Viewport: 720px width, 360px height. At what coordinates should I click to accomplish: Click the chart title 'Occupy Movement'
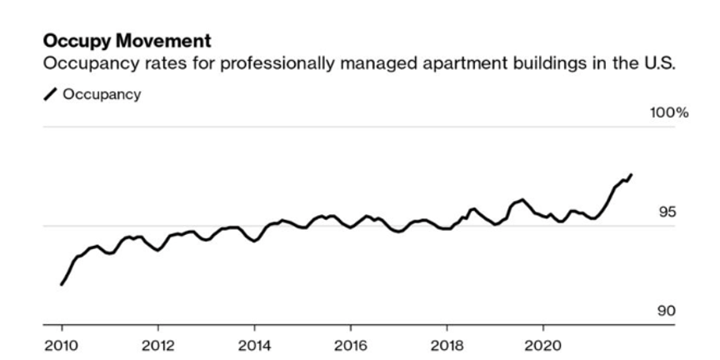[x=127, y=41]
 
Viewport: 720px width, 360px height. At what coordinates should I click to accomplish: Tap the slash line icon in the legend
[x=50, y=95]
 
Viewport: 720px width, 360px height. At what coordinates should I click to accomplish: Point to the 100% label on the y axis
[x=669, y=113]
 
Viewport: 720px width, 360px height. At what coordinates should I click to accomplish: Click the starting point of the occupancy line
[x=61, y=284]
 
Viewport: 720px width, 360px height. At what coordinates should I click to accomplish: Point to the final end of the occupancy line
[x=632, y=174]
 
